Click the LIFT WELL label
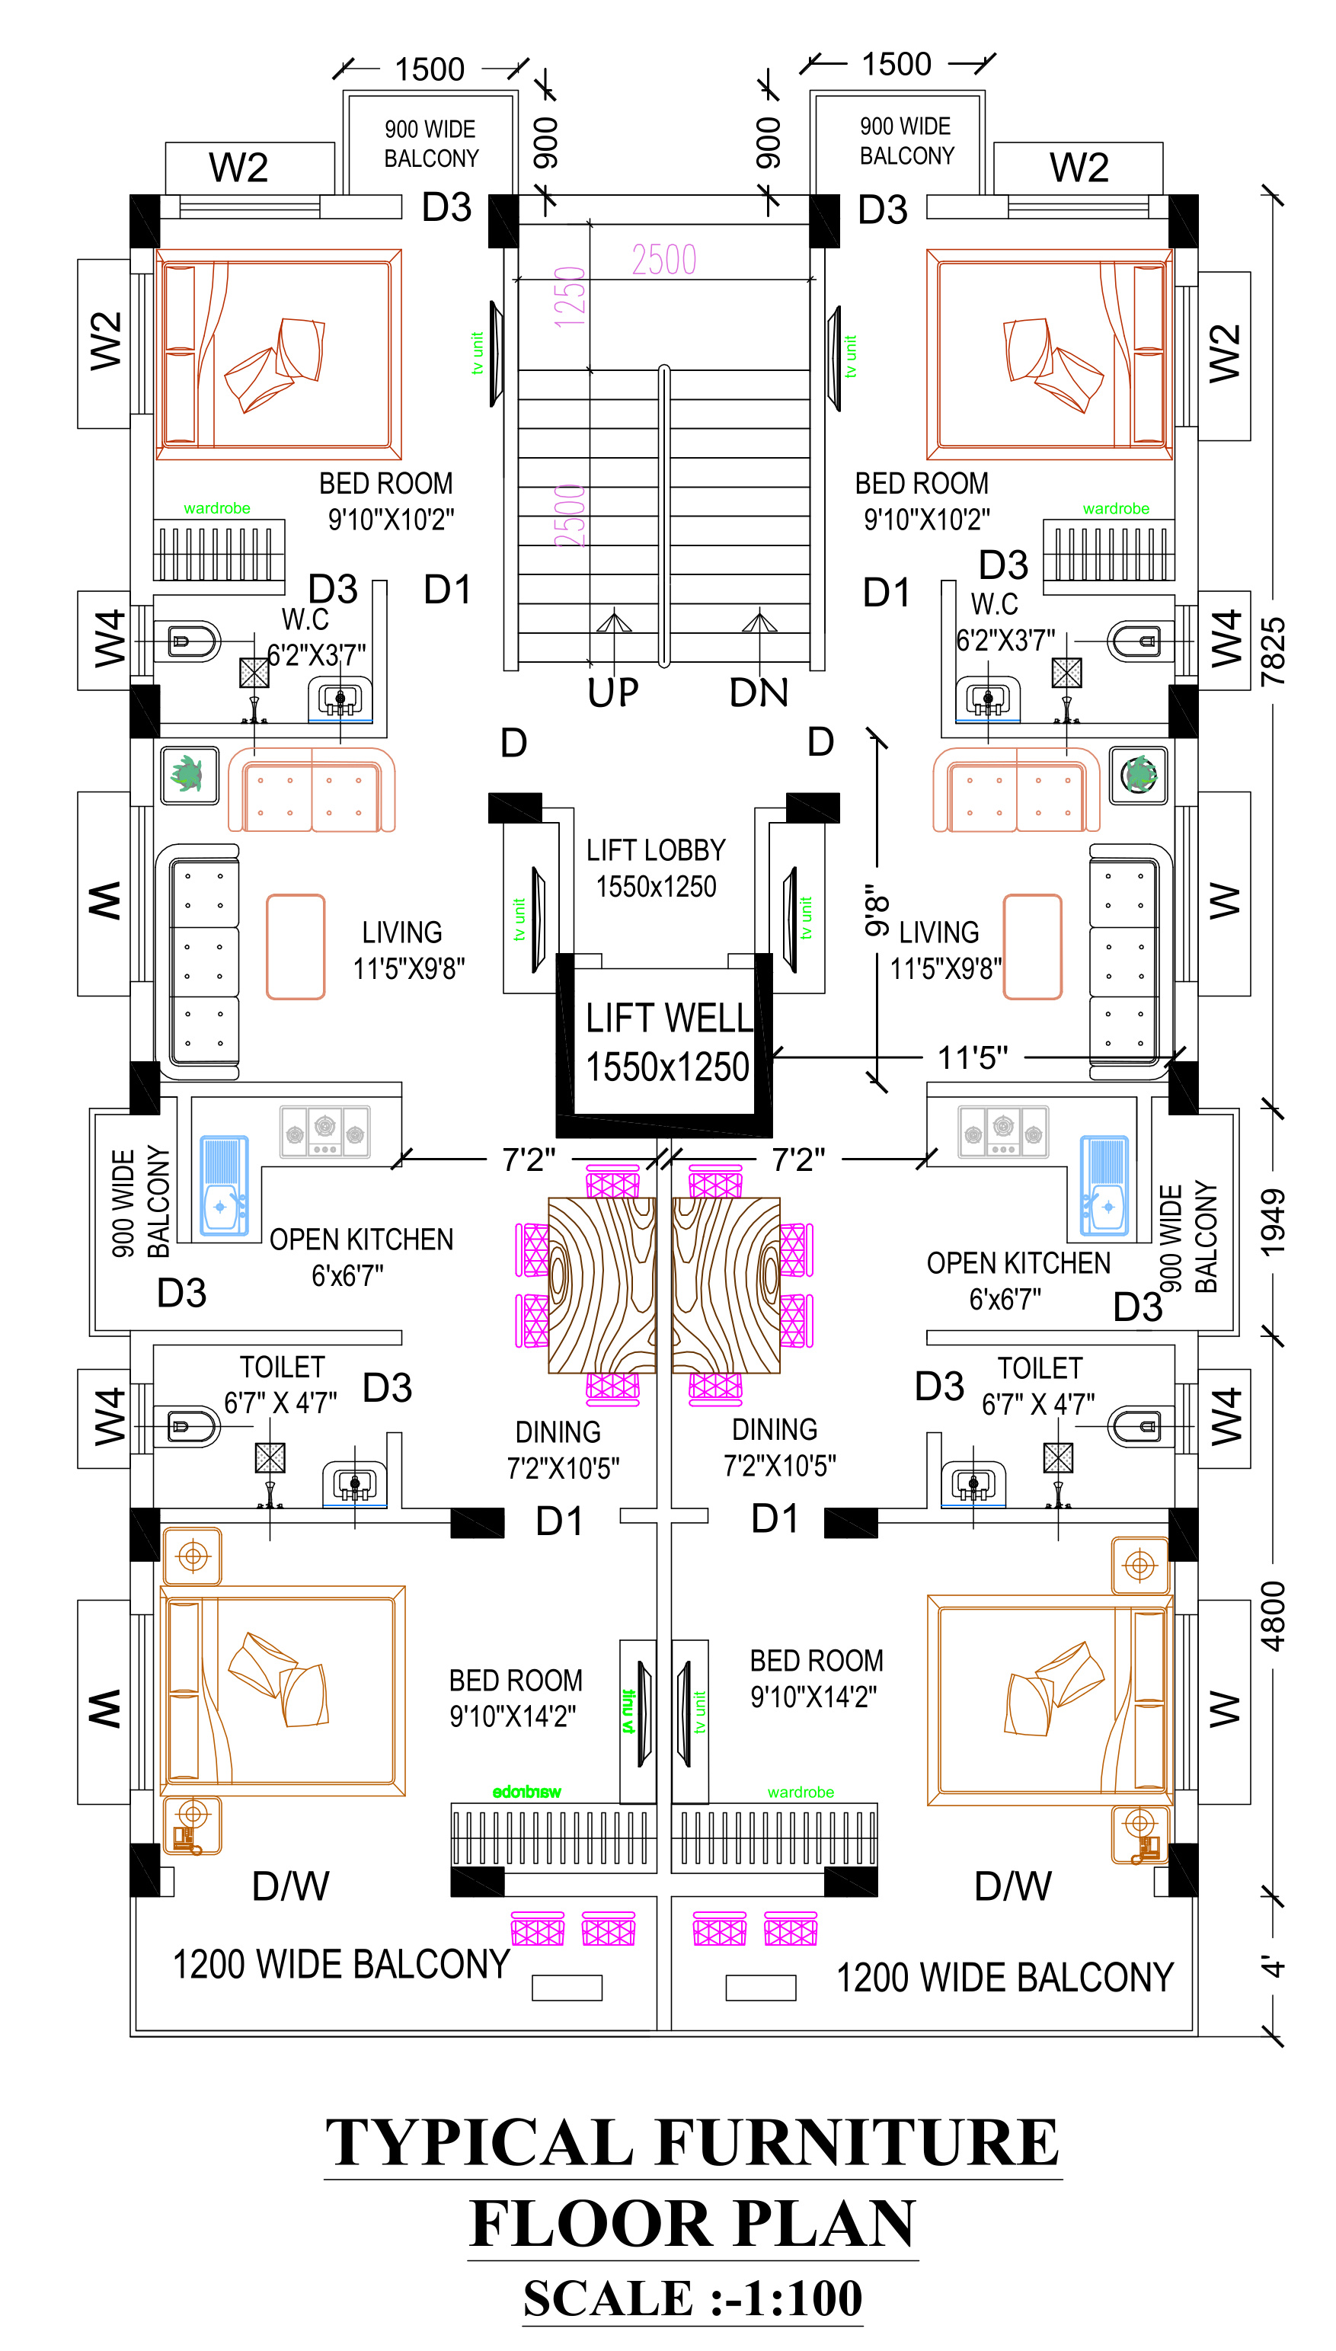(669, 1018)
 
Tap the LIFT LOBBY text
(656, 851)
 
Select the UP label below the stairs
(613, 693)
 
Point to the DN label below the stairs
(759, 693)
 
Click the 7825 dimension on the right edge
(1274, 651)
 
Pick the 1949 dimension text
(1274, 1222)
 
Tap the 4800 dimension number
(1274, 1617)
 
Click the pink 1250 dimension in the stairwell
(570, 296)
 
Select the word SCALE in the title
(606, 2298)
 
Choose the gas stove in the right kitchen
(1003, 1131)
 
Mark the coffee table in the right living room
(1032, 946)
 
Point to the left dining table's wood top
(602, 1284)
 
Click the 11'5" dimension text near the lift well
(973, 1058)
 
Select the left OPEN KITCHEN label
(362, 1239)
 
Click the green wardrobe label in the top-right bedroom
(1116, 508)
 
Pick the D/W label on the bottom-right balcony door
(1013, 1888)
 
